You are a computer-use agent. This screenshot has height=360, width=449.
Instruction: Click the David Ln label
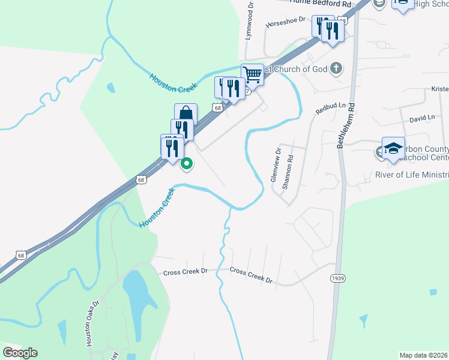click(421, 119)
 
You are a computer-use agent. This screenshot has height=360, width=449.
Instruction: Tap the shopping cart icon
click(253, 74)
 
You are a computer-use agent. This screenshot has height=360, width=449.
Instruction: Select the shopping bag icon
click(186, 113)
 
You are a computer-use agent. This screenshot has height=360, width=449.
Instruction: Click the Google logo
click(20, 352)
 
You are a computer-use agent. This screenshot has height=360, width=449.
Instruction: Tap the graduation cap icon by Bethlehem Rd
click(393, 148)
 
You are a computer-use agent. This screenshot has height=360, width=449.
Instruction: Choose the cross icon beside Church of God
click(336, 68)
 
